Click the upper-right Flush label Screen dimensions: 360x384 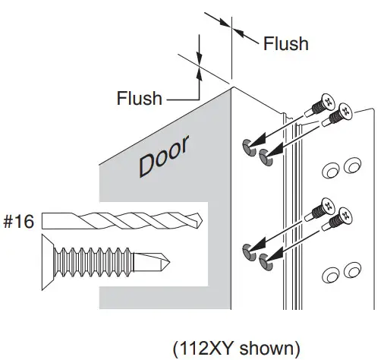tap(285, 43)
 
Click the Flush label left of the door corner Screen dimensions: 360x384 tap(139, 98)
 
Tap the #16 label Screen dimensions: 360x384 tap(20, 221)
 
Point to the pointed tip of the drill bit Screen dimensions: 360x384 tap(203, 221)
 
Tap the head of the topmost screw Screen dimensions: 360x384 tap(327, 100)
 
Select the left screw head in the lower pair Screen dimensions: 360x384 tap(327, 205)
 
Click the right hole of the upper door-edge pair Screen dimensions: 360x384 tap(265, 156)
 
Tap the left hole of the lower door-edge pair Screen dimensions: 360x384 tap(248, 251)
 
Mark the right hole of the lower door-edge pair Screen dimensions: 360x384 tap(265, 261)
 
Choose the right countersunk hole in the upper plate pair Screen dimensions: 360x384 tap(351, 166)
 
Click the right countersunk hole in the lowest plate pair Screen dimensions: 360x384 tap(351, 270)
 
